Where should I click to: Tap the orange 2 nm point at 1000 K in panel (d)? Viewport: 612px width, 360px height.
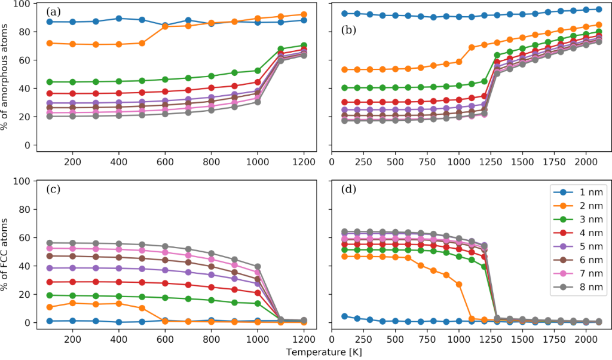[459, 284]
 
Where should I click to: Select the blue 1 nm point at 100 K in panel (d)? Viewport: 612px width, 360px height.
[344, 316]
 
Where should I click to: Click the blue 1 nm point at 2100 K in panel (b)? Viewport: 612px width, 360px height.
[599, 10]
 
